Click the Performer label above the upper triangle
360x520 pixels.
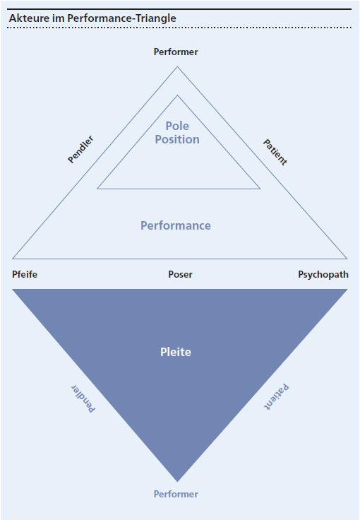[x=176, y=52]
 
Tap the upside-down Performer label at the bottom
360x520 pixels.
[x=176, y=494]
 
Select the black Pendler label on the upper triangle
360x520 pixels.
[x=80, y=149]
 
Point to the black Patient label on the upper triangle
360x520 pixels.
[x=275, y=152]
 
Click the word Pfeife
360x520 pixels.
[x=25, y=274]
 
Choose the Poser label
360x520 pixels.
[x=180, y=274]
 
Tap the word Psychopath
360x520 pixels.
[x=323, y=274]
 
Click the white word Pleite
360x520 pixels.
[x=176, y=352]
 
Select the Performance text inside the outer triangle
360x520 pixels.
[x=176, y=226]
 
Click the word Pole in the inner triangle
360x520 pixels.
[x=177, y=126]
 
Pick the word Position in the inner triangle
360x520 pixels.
[x=177, y=139]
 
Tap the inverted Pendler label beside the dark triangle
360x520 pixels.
[x=82, y=398]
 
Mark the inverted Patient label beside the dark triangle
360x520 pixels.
[x=277, y=396]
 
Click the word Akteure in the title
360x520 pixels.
[x=28, y=18]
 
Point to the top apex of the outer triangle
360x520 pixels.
[x=177, y=67]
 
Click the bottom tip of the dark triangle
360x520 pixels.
[x=177, y=480]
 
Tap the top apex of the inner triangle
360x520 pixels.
[x=177, y=95]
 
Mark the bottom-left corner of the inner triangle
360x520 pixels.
[x=98, y=189]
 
